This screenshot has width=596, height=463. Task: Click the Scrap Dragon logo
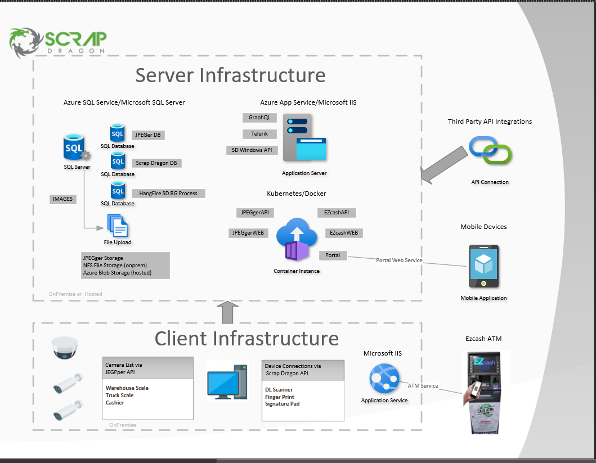pos(57,42)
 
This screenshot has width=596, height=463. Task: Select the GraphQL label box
pos(259,118)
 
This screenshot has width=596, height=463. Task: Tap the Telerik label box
pos(259,134)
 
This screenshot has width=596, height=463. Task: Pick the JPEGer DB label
pos(149,135)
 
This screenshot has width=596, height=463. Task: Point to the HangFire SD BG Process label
pos(168,193)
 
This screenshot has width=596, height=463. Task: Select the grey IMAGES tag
pos(62,199)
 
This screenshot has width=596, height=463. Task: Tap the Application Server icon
pos(304,138)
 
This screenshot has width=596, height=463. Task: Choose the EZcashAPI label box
pos(337,213)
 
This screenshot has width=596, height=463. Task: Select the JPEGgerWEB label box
pos(248,232)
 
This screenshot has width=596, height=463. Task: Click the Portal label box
pos(333,255)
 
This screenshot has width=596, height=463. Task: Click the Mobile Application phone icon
pos(483,266)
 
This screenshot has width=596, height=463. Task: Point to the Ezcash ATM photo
pos(485,392)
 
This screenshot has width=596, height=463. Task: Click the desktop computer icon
pos(226,381)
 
